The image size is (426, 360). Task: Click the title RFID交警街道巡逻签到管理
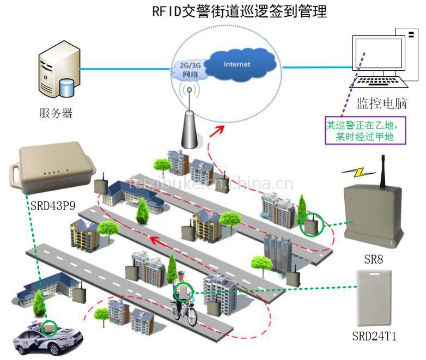point(239,11)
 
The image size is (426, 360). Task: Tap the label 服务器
point(56,114)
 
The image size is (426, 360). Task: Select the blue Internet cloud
point(237,65)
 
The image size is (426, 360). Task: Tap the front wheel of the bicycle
point(192,318)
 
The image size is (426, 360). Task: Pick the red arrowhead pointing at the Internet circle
point(221,127)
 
